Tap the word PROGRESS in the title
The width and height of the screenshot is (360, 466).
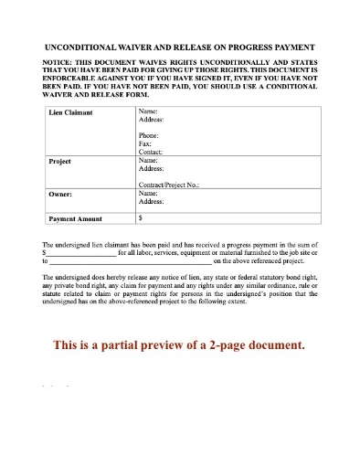252,46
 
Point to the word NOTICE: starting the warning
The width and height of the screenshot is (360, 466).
61,60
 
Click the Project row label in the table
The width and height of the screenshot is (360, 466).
59,160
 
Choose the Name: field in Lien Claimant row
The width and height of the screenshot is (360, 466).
148,111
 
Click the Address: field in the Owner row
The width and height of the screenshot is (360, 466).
152,203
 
